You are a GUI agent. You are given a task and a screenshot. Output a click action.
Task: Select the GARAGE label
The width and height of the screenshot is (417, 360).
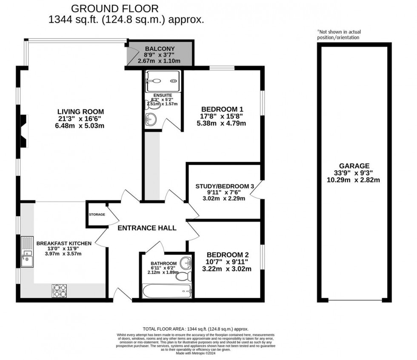click(x=354, y=166)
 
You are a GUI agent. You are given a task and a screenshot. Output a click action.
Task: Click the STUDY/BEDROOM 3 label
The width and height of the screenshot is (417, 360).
click(x=225, y=186)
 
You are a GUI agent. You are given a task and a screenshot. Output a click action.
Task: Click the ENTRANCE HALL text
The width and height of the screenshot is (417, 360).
click(x=147, y=228)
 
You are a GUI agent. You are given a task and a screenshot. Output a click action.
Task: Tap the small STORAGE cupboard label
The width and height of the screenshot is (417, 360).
click(x=97, y=215)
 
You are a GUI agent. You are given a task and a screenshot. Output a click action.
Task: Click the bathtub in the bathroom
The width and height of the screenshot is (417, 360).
click(x=167, y=291)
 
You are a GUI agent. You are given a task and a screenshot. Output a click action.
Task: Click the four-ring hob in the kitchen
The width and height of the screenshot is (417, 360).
click(x=59, y=291)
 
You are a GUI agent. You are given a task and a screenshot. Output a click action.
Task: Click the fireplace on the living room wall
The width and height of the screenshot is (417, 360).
click(x=24, y=131)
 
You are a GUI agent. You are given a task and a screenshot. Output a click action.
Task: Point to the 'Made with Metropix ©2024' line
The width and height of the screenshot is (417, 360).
click(x=196, y=353)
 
